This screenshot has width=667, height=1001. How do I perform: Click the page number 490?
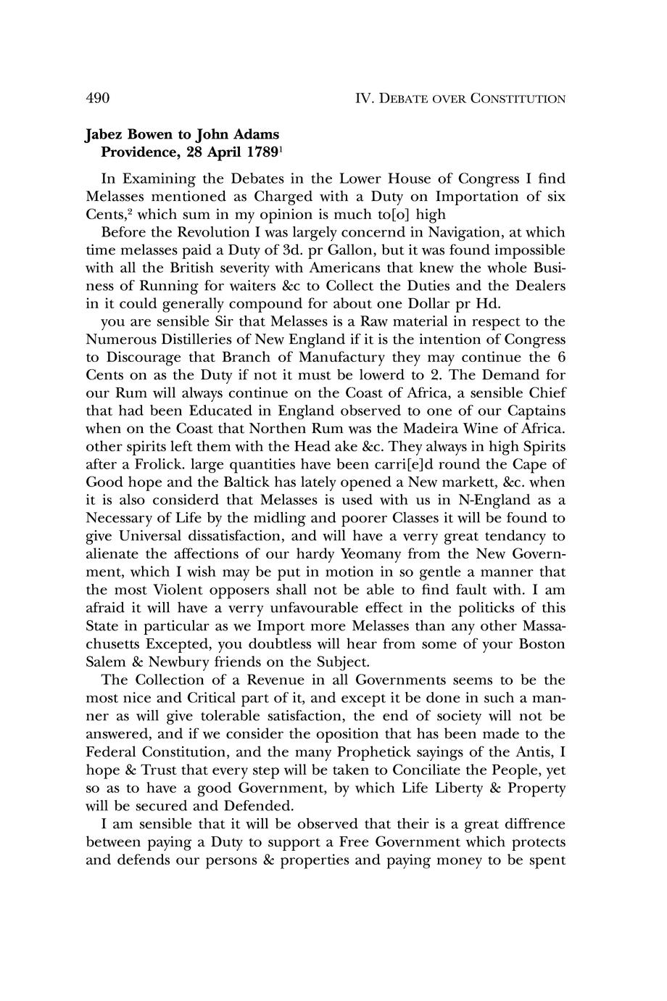[97, 98]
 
